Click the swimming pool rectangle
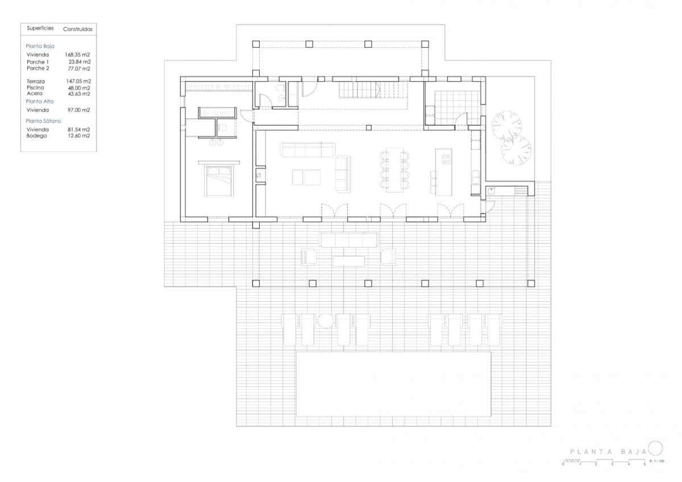(393, 384)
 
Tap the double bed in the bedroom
(219, 180)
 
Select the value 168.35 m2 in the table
(78, 55)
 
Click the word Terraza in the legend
(36, 81)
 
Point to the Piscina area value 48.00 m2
(79, 88)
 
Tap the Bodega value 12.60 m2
(79, 135)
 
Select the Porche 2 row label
(38, 68)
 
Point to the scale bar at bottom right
(604, 463)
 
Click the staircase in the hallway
(373, 90)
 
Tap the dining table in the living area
(394, 170)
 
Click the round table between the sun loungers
(325, 321)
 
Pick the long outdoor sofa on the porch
(348, 240)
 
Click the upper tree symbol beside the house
(507, 125)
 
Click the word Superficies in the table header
(40, 28)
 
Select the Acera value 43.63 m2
(79, 94)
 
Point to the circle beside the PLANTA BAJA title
(655, 447)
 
